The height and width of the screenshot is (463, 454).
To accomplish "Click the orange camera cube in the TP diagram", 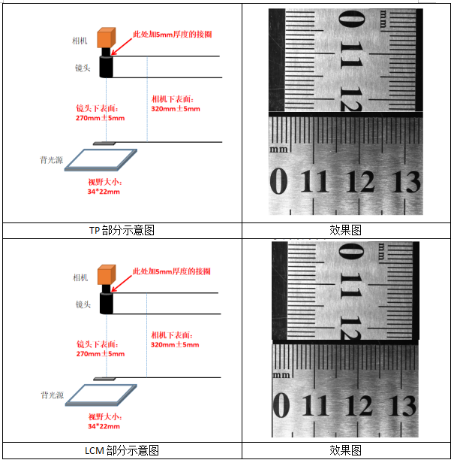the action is click(x=106, y=38).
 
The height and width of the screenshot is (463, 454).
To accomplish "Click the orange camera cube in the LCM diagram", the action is click(x=107, y=275).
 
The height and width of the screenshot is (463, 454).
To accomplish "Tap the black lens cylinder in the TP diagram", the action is click(x=106, y=66).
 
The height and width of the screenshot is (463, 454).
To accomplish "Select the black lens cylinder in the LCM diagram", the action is click(x=106, y=303).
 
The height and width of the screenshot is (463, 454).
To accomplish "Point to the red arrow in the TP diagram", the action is click(x=122, y=47).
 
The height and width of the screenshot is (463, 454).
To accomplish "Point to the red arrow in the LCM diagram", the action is click(x=122, y=284).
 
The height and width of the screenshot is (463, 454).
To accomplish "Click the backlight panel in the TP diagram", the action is click(x=101, y=160).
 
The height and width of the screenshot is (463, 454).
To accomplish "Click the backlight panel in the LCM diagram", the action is click(x=101, y=395).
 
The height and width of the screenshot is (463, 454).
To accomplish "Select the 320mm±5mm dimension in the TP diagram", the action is click(x=176, y=109).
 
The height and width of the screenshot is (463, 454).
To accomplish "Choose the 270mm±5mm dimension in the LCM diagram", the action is click(x=101, y=354).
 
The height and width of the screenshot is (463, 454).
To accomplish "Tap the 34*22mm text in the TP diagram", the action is click(x=104, y=192).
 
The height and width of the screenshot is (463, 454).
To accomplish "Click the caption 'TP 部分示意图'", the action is click(x=122, y=230).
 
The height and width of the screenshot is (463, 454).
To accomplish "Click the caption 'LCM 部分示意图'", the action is click(x=122, y=451).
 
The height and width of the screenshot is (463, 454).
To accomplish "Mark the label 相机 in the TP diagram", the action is click(x=80, y=41).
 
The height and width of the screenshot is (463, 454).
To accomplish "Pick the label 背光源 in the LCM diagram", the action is click(x=53, y=395).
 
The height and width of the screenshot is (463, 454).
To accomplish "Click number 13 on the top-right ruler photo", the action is click(x=406, y=182).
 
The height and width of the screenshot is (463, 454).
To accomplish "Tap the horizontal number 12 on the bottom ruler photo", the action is click(x=359, y=405).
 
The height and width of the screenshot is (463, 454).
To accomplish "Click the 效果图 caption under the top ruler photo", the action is click(x=345, y=230).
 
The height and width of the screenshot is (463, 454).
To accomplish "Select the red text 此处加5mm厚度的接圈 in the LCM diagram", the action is click(x=172, y=271).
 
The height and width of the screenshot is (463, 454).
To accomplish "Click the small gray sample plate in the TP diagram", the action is click(x=104, y=144).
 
